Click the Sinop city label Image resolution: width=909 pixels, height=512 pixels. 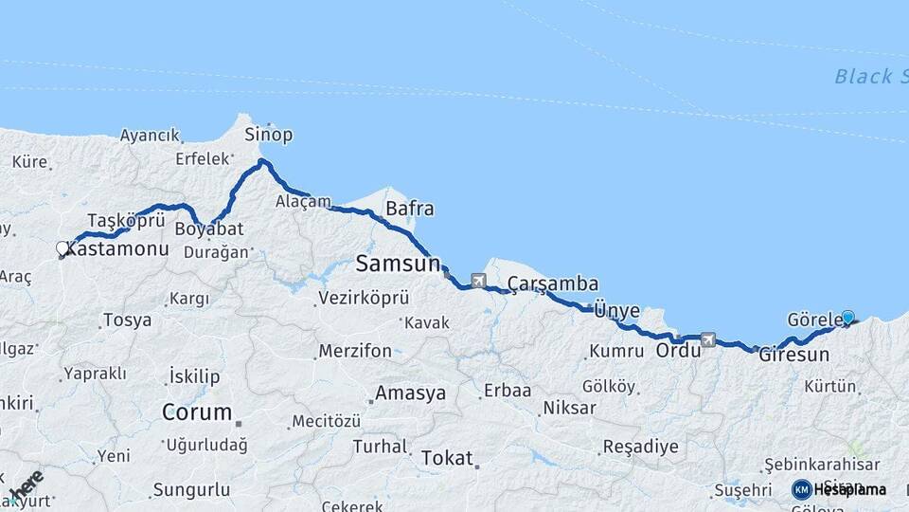[269, 134]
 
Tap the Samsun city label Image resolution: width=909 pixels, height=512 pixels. [399, 263]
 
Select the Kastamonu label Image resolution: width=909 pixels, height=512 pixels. [118, 249]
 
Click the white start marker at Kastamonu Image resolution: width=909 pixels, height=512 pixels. [62, 248]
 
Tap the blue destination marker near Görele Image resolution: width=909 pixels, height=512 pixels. [847, 319]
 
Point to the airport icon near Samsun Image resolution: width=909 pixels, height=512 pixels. [477, 281]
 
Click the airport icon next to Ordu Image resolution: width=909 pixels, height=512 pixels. [707, 338]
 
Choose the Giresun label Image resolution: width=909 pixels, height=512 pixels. [793, 356]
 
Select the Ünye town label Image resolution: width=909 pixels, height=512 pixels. [616, 310]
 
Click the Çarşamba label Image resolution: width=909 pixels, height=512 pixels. [553, 283]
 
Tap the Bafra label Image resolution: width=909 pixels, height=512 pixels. [410, 209]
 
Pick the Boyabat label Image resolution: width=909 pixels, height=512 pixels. [209, 229]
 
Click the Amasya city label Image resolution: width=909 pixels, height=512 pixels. [410, 393]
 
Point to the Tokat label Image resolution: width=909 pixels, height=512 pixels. [446, 457]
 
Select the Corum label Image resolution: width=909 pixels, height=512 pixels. [197, 411]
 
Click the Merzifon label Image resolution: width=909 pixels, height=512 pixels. [355, 351]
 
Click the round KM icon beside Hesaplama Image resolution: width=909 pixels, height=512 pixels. [802, 489]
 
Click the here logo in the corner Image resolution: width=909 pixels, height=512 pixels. [26, 485]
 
